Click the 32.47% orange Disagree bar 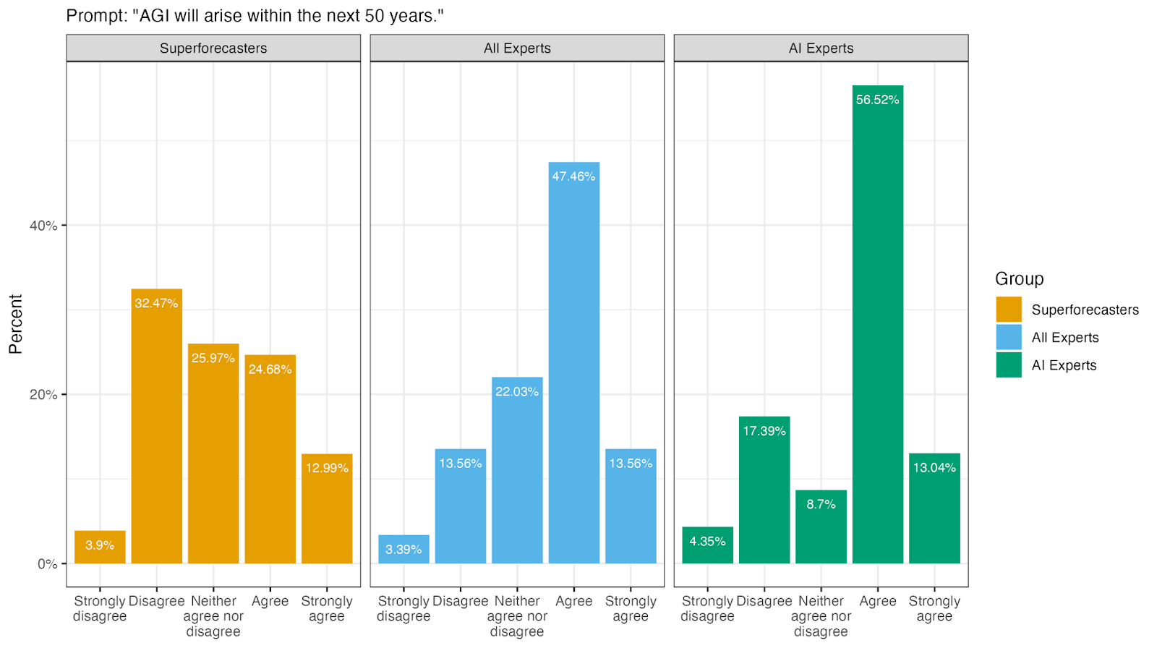[156, 426]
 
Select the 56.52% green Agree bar [878, 325]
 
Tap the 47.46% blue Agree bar [574, 362]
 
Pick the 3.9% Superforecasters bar [100, 547]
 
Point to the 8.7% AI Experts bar [821, 527]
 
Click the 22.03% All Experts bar [517, 470]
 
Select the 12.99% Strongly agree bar [327, 508]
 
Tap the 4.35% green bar [708, 545]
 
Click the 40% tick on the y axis [64, 225]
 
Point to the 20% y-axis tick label [43, 395]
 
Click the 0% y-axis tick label [48, 564]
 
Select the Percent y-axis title [16, 324]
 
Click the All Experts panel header [517, 48]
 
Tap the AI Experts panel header [821, 48]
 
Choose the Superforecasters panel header [213, 48]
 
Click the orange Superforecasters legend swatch [1009, 310]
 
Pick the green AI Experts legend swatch [1009, 365]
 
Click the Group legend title [1020, 278]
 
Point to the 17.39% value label [764, 431]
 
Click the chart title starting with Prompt [255, 16]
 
